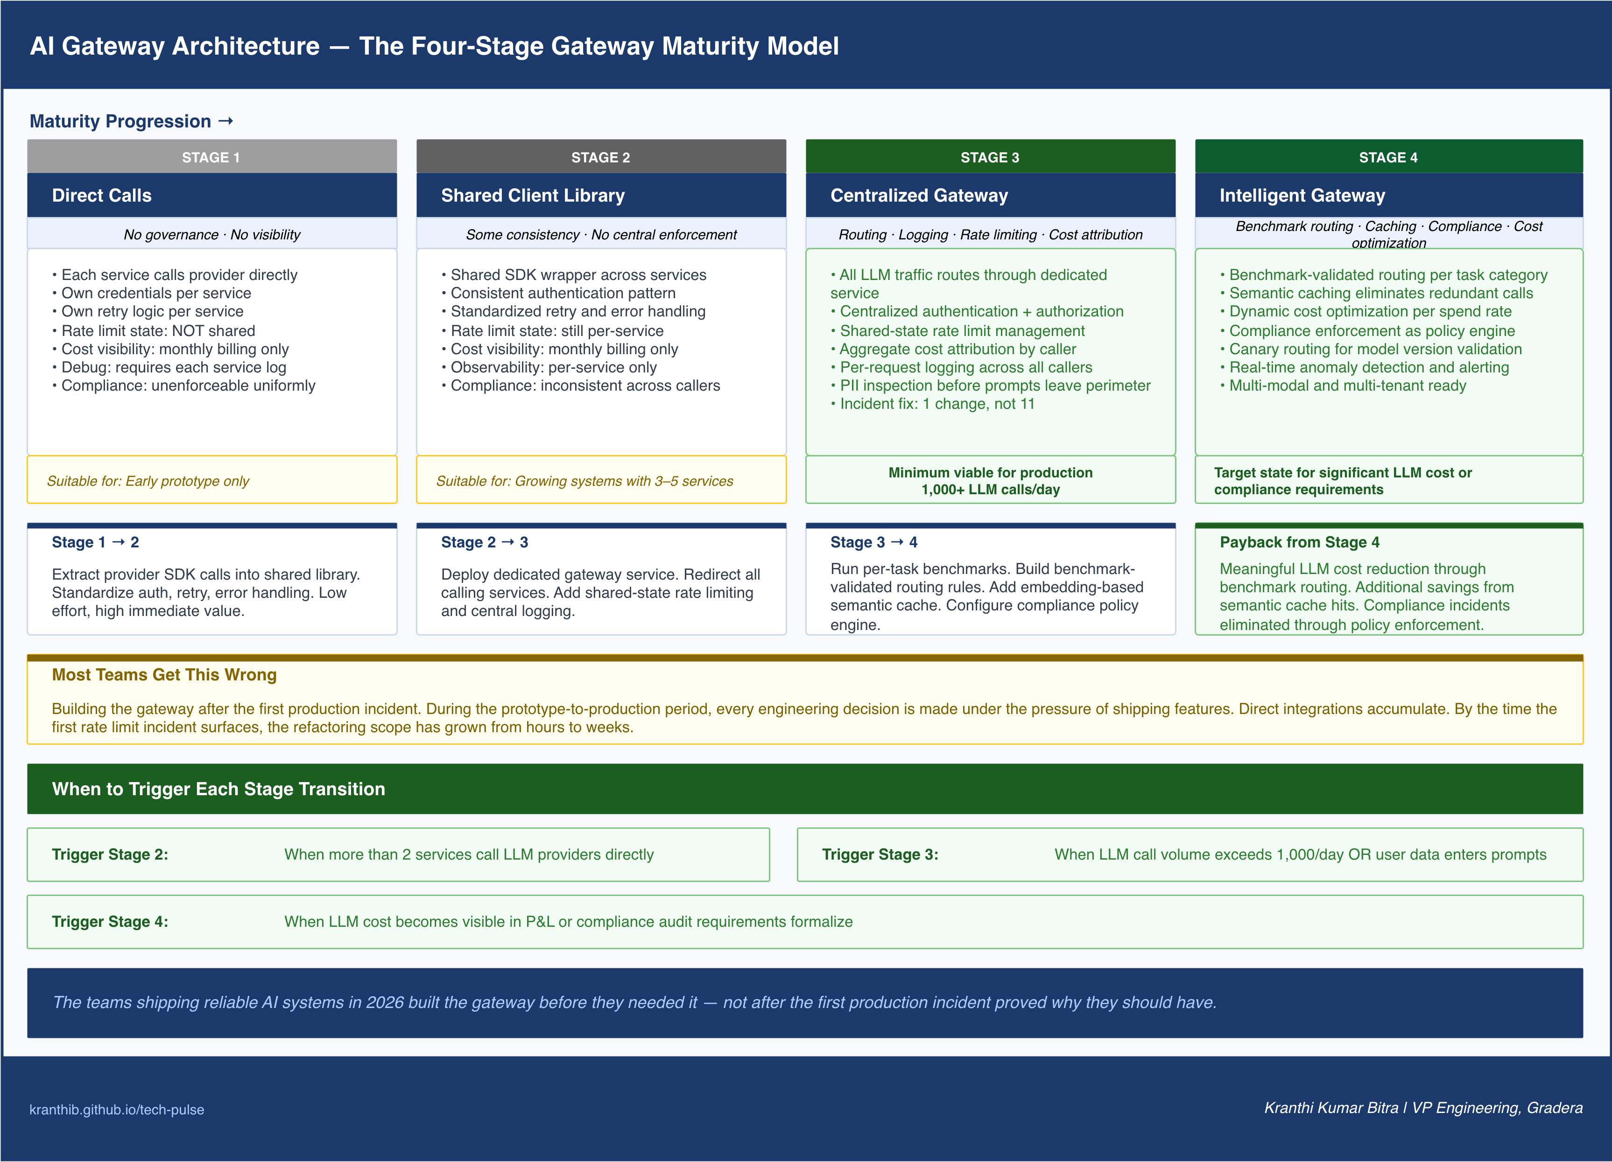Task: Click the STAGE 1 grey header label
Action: click(211, 158)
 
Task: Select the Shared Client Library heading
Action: click(533, 196)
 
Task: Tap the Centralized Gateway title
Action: click(919, 196)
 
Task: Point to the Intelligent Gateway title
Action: click(1302, 196)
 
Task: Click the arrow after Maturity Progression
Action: click(226, 121)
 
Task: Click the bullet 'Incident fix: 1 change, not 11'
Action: click(933, 404)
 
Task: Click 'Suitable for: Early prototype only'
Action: click(148, 481)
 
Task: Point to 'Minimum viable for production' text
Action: click(990, 473)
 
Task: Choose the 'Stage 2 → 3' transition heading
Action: click(485, 542)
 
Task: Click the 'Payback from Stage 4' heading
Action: click(1299, 542)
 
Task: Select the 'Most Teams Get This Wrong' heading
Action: click(164, 674)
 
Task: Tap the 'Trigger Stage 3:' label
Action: click(880, 854)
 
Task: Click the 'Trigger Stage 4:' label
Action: click(110, 922)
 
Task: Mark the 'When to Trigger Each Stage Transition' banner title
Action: click(218, 789)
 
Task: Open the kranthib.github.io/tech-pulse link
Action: click(117, 1109)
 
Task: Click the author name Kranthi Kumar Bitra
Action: click(1330, 1108)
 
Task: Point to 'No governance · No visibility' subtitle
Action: click(212, 235)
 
